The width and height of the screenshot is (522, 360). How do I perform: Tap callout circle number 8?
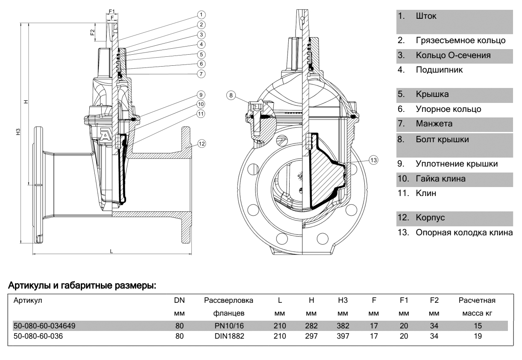pyautogui.click(x=231, y=96)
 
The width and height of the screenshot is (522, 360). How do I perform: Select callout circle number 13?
pyautogui.click(x=374, y=160)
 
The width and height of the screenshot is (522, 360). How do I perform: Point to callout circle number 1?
pyautogui.click(x=202, y=15)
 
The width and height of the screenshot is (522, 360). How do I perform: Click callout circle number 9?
pyautogui.click(x=202, y=94)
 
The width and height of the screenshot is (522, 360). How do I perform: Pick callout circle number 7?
pyautogui.click(x=202, y=73)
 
